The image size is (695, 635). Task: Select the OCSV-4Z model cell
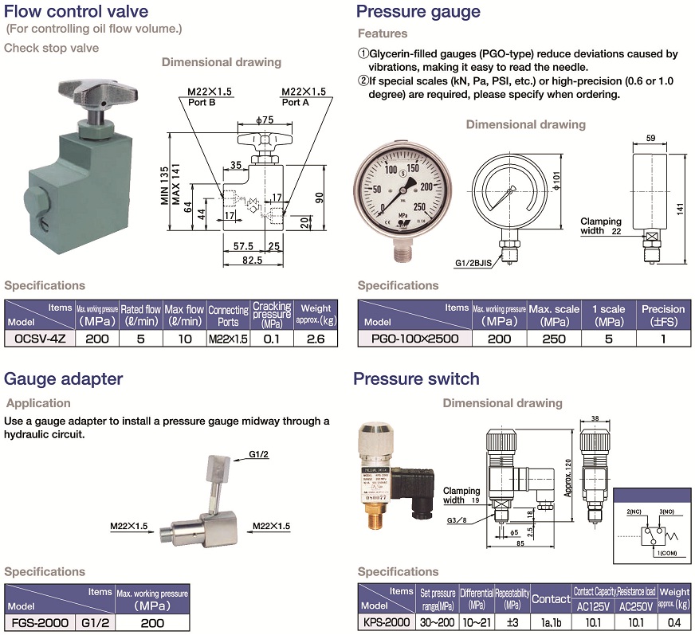(39, 338)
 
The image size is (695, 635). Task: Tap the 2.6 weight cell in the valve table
(316, 338)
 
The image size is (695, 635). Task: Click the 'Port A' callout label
(295, 102)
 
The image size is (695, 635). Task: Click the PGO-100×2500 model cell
(415, 338)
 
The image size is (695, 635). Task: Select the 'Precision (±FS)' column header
(663, 314)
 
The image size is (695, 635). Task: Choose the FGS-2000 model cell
(39, 623)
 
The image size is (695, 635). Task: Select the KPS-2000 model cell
(387, 622)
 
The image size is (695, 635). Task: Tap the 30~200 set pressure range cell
(438, 622)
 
